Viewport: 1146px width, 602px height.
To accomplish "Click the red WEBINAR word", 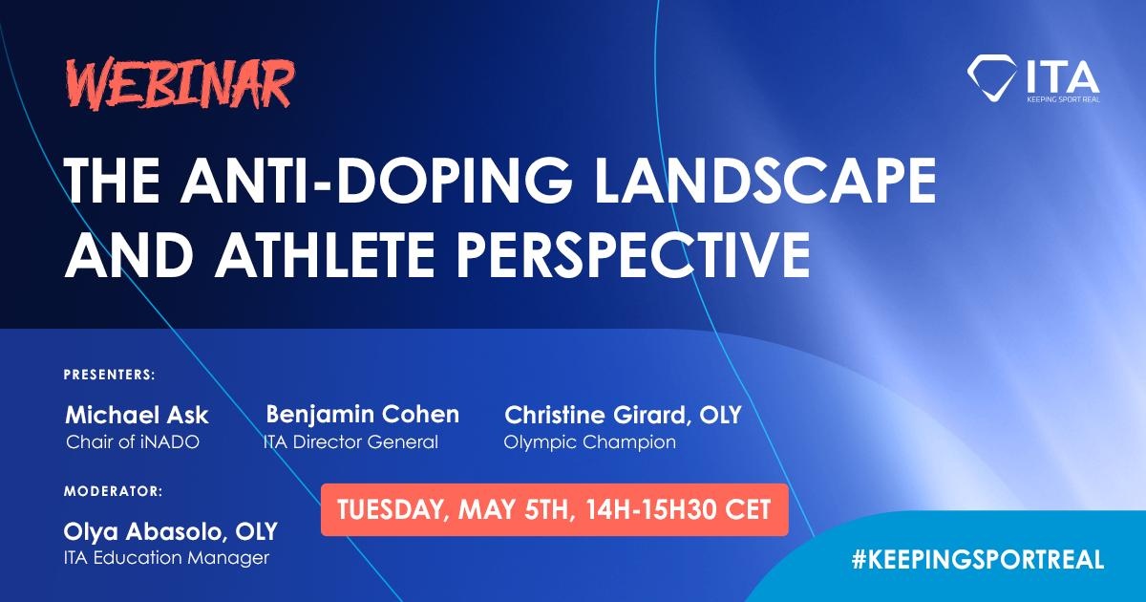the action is pos(180,84).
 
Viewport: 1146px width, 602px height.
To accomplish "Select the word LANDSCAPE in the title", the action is pos(764,181).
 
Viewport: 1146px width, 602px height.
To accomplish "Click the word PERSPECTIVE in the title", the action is pos(633,253).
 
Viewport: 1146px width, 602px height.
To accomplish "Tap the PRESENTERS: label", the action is pos(110,375).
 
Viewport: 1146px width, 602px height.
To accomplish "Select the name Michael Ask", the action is pos(138,415).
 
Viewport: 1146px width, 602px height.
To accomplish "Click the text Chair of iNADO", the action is pos(133,441).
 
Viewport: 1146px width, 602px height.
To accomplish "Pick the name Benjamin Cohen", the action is pos(362,415).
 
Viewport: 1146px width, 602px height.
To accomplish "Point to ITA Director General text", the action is pos(350,441).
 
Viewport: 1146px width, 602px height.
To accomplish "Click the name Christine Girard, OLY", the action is pos(623,415).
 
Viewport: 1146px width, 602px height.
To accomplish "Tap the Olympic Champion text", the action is pos(590,442).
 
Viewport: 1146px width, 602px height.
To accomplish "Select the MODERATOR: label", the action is pos(113,491).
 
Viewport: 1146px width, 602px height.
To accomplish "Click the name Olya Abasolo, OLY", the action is pos(170,532).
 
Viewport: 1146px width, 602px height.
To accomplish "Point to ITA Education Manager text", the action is pos(166,557).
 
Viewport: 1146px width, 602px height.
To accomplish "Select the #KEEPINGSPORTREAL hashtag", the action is pos(978,559).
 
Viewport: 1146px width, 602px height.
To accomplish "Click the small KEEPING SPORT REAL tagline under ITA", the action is pos(1063,99).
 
